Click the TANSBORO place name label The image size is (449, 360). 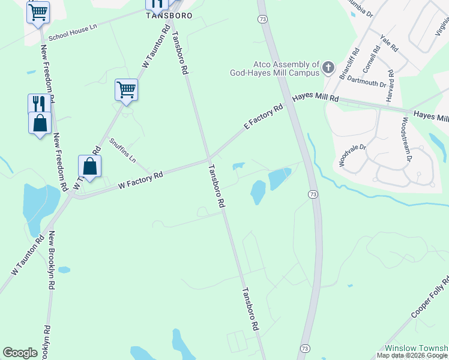click(169, 16)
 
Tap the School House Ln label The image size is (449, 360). click(74, 31)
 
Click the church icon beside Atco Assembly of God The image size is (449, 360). click(328, 67)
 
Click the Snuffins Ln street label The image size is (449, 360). click(123, 151)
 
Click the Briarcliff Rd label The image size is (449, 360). click(350, 64)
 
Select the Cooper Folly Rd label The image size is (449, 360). click(430, 298)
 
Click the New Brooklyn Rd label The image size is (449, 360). click(51, 261)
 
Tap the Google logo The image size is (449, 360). click(20, 352)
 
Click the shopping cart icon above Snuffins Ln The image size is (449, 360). click(126, 90)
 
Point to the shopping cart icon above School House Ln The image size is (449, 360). click(38, 11)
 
